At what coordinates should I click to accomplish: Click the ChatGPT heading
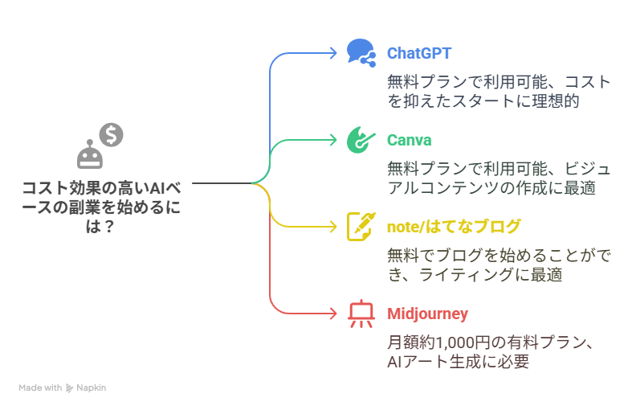tap(419, 53)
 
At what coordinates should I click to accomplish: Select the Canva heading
tap(410, 140)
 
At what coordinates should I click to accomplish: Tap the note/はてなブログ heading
tap(454, 227)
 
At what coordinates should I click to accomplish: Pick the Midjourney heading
tap(427, 314)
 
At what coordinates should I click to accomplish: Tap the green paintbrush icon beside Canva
tap(361, 140)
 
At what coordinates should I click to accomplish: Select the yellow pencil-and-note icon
tap(361, 227)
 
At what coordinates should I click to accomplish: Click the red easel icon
tap(361, 314)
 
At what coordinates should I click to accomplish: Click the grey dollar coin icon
tap(111, 135)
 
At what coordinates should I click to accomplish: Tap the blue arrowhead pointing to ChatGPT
tap(333, 53)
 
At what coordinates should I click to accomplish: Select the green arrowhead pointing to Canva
tap(333, 140)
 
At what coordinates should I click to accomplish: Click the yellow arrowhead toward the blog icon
tap(333, 227)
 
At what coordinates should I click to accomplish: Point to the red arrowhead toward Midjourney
tap(333, 314)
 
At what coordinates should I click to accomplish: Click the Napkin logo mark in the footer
tap(69, 388)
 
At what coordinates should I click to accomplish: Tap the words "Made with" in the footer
tap(40, 387)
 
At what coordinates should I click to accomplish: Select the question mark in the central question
tap(108, 227)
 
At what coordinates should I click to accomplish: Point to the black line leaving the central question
tap(222, 183)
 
